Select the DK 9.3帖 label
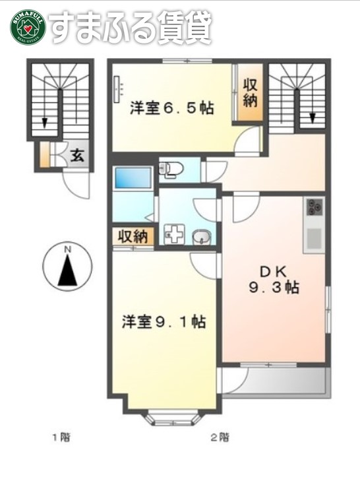[276, 279]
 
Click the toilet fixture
[170, 170]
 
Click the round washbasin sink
[200, 236]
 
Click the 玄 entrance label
[77, 156]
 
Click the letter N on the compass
[67, 249]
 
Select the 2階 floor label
[220, 437]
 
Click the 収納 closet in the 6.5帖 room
[250, 93]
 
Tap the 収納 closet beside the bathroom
[132, 237]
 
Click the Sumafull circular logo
[26, 27]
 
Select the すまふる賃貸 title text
[131, 27]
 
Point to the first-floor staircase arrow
[44, 122]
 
